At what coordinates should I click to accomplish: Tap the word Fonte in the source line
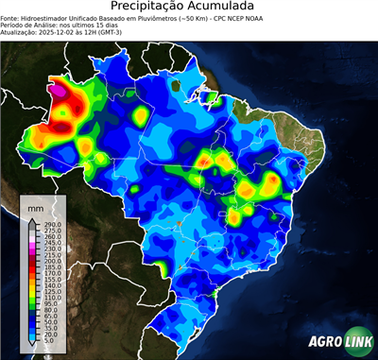(x=10, y=17)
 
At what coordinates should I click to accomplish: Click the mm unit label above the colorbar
(x=36, y=206)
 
